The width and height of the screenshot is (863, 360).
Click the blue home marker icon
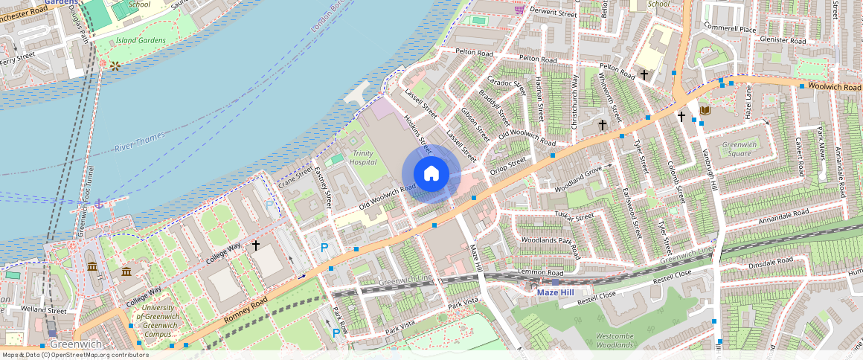tap(431, 174)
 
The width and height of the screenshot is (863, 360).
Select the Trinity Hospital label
tap(363, 158)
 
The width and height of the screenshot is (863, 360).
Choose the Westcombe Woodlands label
tap(614, 341)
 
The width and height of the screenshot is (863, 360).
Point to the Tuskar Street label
tap(575, 216)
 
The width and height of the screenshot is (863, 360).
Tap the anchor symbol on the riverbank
tap(97, 203)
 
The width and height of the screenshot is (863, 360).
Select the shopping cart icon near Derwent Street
tap(519, 9)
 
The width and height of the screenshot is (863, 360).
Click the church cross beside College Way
tap(256, 245)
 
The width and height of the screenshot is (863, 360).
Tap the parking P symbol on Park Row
tap(336, 332)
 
